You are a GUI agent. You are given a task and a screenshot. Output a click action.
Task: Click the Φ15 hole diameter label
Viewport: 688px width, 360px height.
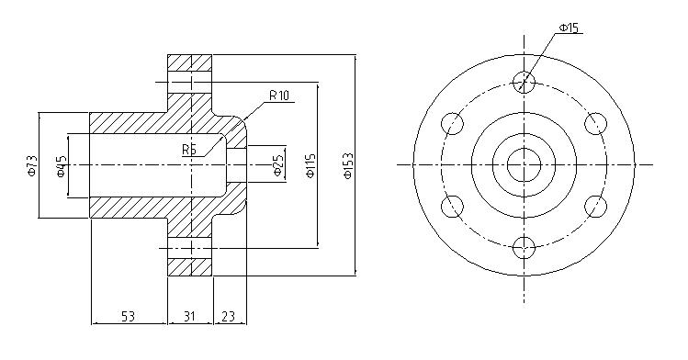coord(569,28)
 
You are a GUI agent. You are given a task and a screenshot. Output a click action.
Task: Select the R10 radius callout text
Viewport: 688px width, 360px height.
coord(279,96)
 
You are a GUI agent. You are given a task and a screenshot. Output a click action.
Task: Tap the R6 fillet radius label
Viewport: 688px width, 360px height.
coord(189,150)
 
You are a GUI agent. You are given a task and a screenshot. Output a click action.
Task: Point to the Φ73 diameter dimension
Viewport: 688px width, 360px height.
coord(32,165)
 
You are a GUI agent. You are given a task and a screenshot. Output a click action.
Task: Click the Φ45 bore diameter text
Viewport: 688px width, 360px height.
coord(62,166)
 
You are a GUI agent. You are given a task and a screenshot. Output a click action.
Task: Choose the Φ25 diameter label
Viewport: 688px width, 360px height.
coord(278,165)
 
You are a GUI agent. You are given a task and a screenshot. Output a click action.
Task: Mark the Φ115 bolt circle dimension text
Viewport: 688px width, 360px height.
coord(310,165)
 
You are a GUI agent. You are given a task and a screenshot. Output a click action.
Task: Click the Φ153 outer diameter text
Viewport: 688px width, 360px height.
coord(348,165)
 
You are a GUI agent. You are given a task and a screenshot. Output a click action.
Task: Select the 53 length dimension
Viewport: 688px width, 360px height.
coord(128,316)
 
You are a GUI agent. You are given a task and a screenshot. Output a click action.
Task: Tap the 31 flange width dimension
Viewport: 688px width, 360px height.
coord(189,316)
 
